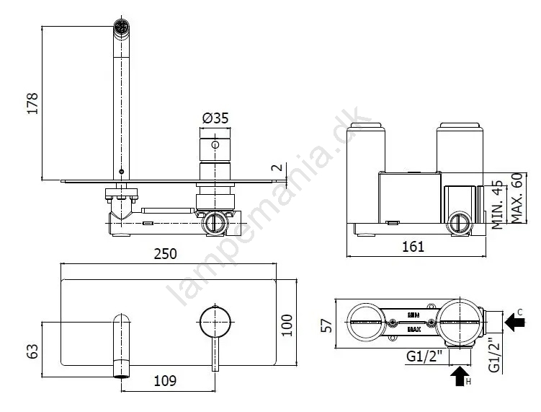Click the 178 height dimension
(x=32, y=103)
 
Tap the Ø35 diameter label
(x=215, y=118)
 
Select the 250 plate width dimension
(x=165, y=254)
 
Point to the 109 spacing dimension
(x=165, y=381)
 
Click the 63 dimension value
(x=32, y=351)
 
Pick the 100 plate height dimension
(x=287, y=325)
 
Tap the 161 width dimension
(x=413, y=247)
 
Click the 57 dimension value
(x=326, y=325)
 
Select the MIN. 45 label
(x=498, y=204)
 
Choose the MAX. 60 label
(x=517, y=198)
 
